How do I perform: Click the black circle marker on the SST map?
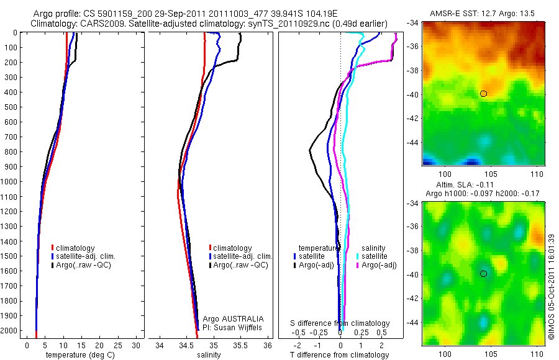(484, 94)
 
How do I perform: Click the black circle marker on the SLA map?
(484, 273)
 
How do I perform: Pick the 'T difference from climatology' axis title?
(340, 355)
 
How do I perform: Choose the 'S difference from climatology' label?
(340, 323)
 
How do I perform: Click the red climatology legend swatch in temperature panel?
(53, 248)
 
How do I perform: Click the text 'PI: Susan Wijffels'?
(234, 327)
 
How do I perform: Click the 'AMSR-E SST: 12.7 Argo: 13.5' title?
(484, 14)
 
